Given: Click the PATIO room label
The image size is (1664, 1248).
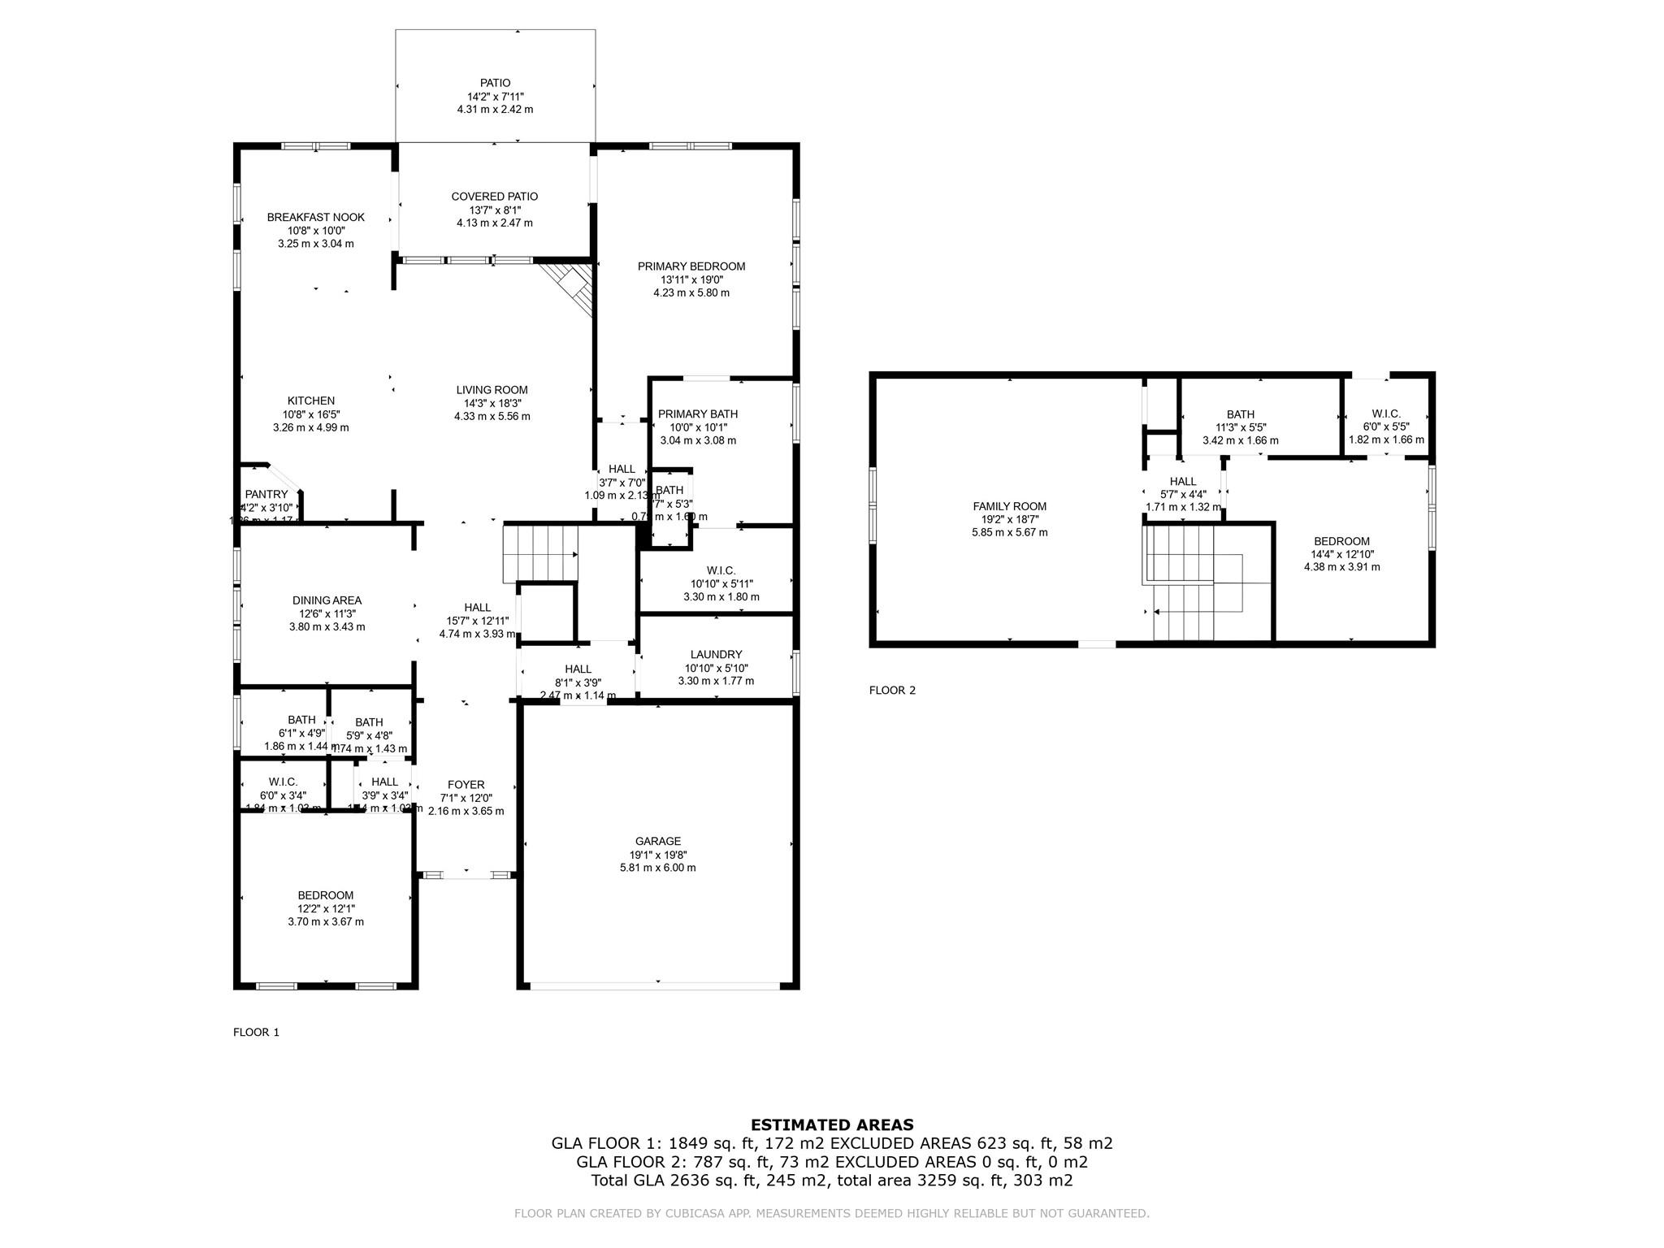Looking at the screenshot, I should [x=495, y=83].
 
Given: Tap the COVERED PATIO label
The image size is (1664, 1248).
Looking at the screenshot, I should [x=494, y=197].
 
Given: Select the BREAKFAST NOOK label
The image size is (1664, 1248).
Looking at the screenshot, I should [x=316, y=217].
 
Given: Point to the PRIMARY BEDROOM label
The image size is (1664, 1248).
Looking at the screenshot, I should [x=691, y=266].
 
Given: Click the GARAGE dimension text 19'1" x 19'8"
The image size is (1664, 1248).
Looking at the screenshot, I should [x=657, y=855].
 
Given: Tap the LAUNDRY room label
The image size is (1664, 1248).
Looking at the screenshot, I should [x=716, y=654].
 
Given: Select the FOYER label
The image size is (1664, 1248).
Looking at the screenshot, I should [x=466, y=785].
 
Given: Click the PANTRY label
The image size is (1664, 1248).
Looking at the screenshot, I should [x=266, y=494].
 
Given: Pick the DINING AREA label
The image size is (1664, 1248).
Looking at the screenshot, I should [x=327, y=600].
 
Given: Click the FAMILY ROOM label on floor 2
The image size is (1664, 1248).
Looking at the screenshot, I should [x=1009, y=506].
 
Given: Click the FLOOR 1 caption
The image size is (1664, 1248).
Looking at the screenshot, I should [x=256, y=1033].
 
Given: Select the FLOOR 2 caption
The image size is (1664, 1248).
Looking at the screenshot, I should [x=892, y=691].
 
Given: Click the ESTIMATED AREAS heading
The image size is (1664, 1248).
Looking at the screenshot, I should [x=831, y=1125].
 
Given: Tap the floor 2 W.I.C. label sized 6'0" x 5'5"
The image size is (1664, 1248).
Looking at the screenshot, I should [x=1386, y=414].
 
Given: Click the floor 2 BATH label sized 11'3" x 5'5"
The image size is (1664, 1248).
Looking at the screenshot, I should [x=1240, y=414].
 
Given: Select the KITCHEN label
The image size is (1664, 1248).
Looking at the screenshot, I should [x=311, y=401].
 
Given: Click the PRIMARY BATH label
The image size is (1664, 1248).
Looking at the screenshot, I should [x=697, y=414].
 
